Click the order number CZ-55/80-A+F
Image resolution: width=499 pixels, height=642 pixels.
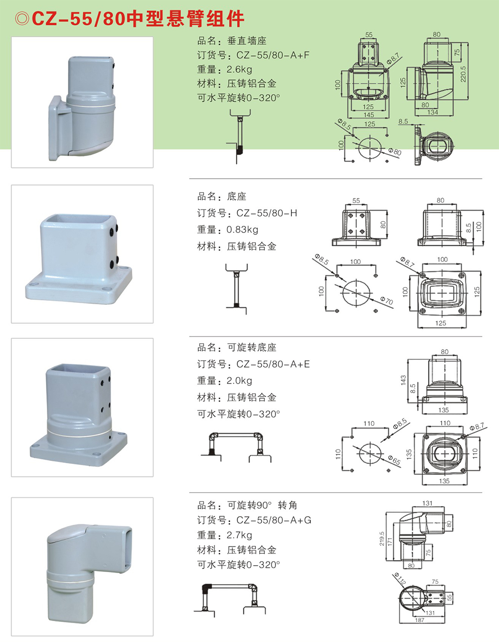272,55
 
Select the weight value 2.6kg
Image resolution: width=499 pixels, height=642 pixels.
239,69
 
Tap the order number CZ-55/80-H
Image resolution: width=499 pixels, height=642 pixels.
266,213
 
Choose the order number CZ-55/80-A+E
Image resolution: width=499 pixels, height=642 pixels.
272,364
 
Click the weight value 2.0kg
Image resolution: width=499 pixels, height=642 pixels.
239,381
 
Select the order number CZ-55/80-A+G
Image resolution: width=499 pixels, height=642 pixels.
273,520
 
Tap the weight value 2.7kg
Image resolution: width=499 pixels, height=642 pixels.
239,535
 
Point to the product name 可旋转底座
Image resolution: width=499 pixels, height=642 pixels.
251,347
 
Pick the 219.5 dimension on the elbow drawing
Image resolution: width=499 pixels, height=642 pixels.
382,538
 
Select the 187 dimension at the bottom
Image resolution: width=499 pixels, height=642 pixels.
419,620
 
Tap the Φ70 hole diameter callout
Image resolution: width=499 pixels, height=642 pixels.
387,301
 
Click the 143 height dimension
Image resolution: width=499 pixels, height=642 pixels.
403,381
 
